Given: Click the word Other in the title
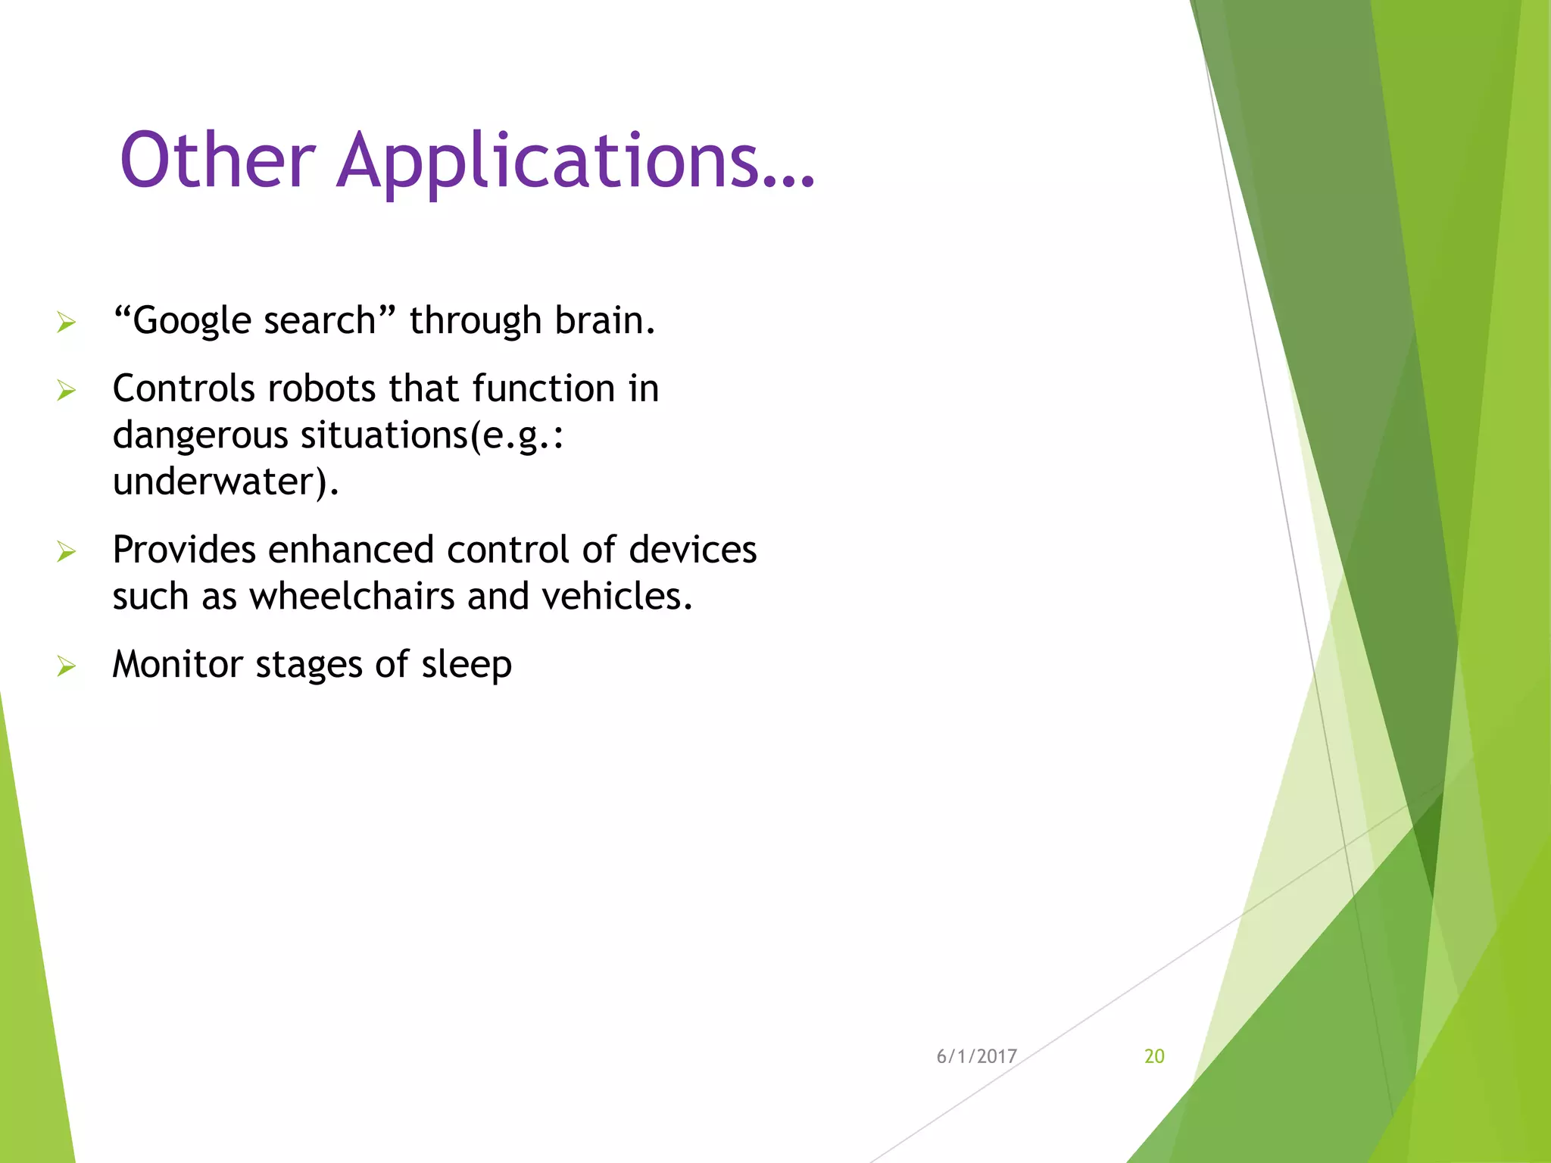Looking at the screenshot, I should [217, 161].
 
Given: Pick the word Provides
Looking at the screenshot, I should [184, 550].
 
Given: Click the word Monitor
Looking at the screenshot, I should [178, 665].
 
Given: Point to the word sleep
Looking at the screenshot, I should [467, 665].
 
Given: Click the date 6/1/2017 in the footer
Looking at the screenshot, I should [976, 1056].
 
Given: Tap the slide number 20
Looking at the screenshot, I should [1153, 1056].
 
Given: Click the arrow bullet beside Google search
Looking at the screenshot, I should [67, 323].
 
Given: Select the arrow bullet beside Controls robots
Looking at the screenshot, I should [67, 391].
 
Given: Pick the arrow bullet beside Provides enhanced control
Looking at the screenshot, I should [67, 553].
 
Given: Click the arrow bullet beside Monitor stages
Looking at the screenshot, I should [67, 667].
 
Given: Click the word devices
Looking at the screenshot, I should [692, 550].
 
